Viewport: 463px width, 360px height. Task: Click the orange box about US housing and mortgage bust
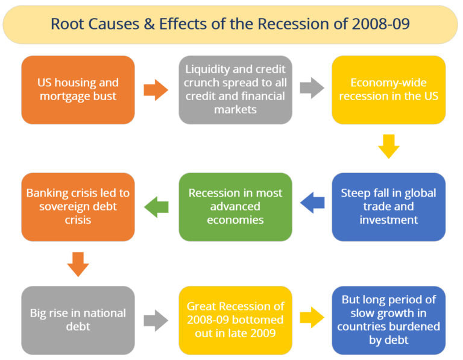point(78,90)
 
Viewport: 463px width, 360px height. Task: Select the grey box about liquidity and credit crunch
point(235,90)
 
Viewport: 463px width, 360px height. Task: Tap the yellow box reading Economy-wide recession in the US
point(389,90)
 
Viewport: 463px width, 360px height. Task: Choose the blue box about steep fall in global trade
point(389,207)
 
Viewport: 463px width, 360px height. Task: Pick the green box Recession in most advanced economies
point(235,207)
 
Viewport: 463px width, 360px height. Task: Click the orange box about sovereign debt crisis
point(78,207)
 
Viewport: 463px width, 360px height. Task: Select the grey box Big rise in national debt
point(78,320)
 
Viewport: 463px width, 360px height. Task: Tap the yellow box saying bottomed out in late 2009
point(235,320)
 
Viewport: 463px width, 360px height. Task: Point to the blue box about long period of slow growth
point(389,320)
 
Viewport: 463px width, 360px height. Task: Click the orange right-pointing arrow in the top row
point(156,90)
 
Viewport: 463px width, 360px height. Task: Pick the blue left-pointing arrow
point(312,203)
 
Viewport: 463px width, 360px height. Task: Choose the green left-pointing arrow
point(156,207)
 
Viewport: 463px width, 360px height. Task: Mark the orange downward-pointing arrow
point(78,264)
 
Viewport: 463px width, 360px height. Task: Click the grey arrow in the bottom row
point(156,320)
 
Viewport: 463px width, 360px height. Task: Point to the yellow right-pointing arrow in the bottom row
point(312,317)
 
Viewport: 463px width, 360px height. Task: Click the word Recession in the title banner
point(292,24)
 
